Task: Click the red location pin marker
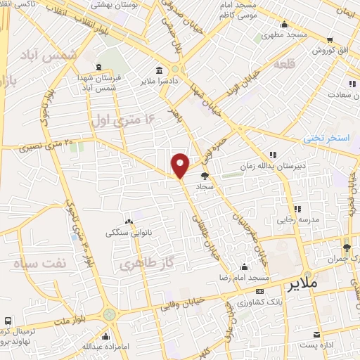(x=181, y=165)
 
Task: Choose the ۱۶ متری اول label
(x=121, y=121)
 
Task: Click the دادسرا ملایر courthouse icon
(x=160, y=70)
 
